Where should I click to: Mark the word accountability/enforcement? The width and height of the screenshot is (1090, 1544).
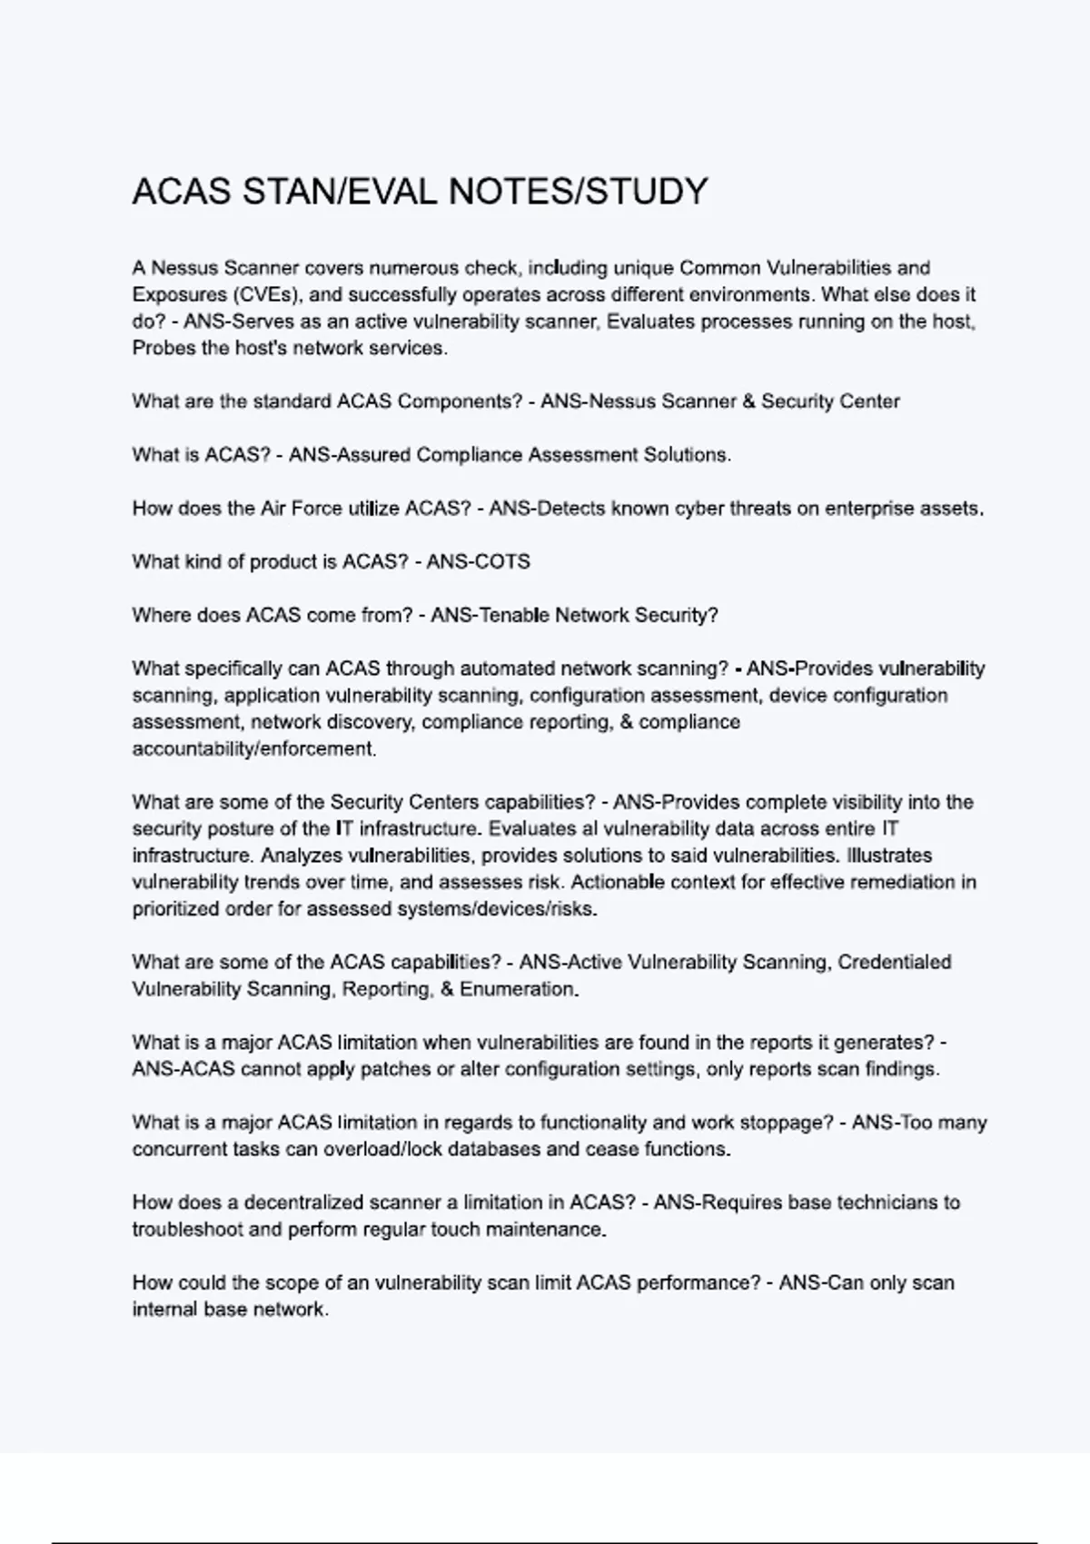254,749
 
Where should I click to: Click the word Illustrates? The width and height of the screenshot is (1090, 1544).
889,856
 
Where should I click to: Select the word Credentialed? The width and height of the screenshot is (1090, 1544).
894,963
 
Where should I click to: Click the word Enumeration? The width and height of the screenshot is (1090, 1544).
520,989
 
